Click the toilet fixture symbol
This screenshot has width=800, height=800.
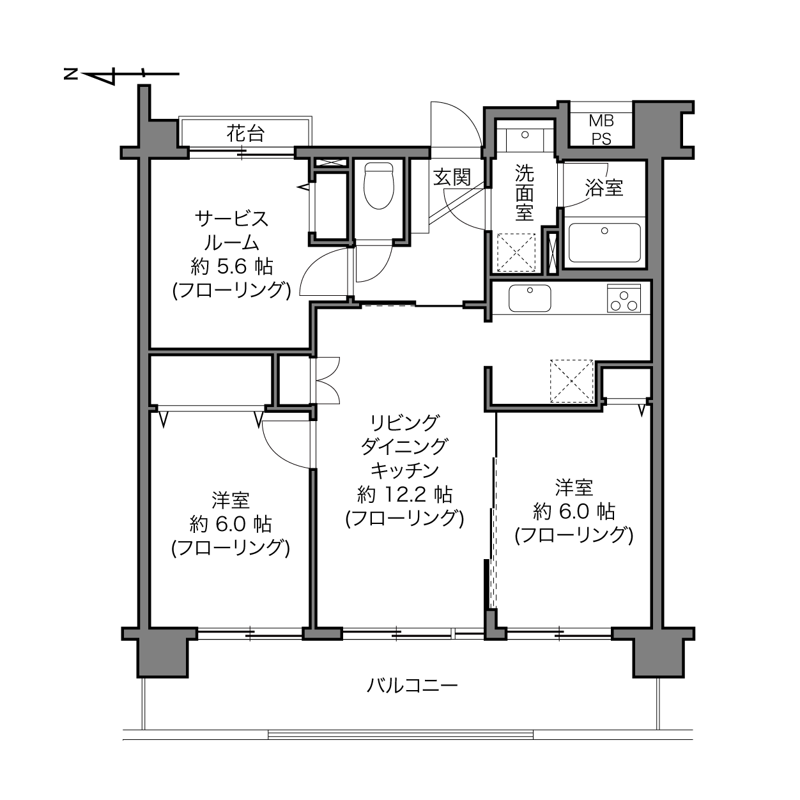tap(378, 185)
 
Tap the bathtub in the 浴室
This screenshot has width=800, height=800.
tap(604, 242)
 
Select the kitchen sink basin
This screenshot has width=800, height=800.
tap(530, 298)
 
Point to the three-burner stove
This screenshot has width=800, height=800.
tap(624, 298)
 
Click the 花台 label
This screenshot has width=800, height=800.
tap(245, 134)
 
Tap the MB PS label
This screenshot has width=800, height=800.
tap(601, 130)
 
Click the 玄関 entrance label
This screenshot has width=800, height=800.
tap(452, 177)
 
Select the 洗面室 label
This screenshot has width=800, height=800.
tap(525, 192)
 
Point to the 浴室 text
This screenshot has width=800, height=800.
tap(604, 188)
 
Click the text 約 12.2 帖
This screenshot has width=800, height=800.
tap(404, 495)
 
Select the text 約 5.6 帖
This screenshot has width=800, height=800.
tap(232, 266)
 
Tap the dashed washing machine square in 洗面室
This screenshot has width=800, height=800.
tap(516, 252)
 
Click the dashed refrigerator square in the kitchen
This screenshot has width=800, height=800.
tap(572, 381)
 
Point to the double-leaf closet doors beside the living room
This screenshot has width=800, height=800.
tap(328, 380)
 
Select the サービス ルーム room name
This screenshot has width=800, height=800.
tap(232, 231)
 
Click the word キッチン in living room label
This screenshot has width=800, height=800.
tap(404, 470)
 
